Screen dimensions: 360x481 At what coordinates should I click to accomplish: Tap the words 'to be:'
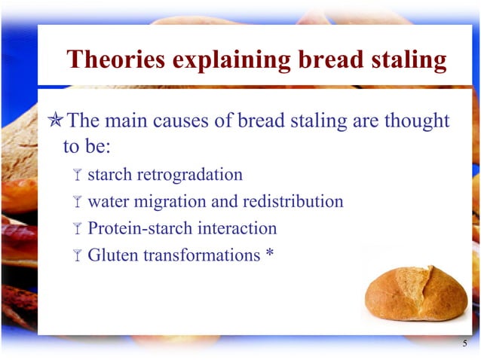(87, 146)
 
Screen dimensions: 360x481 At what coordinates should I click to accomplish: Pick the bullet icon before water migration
(77, 203)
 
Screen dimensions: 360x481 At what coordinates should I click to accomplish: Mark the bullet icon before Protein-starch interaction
(77, 229)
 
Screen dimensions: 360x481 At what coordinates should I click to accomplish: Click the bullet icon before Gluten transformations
(77, 255)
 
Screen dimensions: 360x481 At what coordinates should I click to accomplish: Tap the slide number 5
(465, 344)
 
